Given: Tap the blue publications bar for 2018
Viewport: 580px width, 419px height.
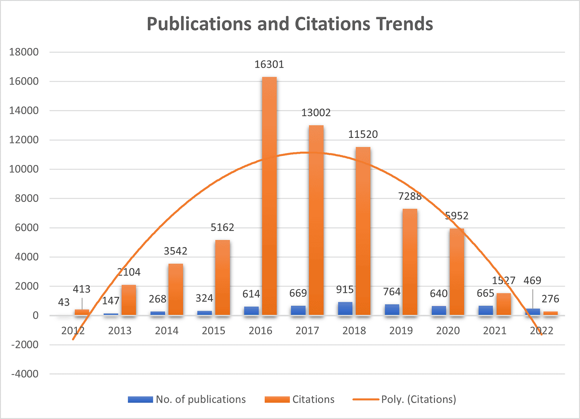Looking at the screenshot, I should coord(345,308).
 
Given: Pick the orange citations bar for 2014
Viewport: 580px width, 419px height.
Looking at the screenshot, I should coord(175,289).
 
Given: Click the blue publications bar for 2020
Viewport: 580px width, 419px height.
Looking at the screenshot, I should coord(439,310).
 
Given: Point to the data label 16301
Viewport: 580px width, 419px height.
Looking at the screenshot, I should coord(269,64).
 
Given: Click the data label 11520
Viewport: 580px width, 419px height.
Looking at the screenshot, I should coord(363,134).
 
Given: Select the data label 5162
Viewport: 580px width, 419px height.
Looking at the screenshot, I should coord(222,227).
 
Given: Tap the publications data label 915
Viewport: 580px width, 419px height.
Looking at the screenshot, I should coord(345,289).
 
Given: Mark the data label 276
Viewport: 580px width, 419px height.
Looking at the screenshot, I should coord(550,299).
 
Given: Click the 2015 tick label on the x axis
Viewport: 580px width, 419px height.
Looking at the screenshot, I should coord(213,330).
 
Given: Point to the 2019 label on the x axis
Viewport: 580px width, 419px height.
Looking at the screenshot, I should coord(401,330).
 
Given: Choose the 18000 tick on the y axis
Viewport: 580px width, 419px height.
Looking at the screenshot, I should coord(24,52).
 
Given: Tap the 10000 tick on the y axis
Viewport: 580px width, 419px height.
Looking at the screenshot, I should coord(24,169).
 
